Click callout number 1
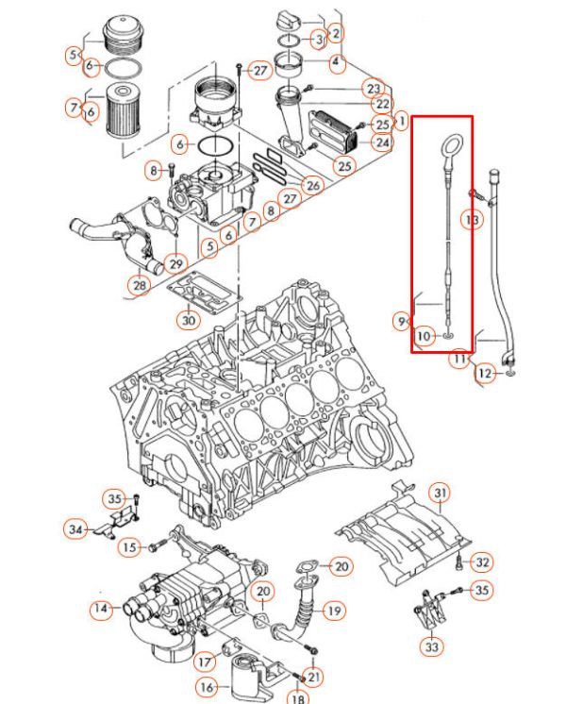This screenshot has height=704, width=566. (400, 122)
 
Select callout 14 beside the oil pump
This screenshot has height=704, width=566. (100, 610)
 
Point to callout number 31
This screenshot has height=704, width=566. (440, 494)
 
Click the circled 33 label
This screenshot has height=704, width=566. (431, 646)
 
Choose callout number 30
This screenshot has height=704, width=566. (190, 320)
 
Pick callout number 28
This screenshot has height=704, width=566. (140, 284)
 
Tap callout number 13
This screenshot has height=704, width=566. (472, 220)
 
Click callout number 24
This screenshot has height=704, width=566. (381, 143)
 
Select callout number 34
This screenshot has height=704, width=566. (75, 528)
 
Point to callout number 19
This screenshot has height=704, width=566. (334, 612)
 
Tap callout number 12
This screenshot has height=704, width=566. (485, 375)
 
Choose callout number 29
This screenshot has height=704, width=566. (175, 261)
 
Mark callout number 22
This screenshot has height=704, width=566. (381, 104)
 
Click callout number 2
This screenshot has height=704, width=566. (337, 32)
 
